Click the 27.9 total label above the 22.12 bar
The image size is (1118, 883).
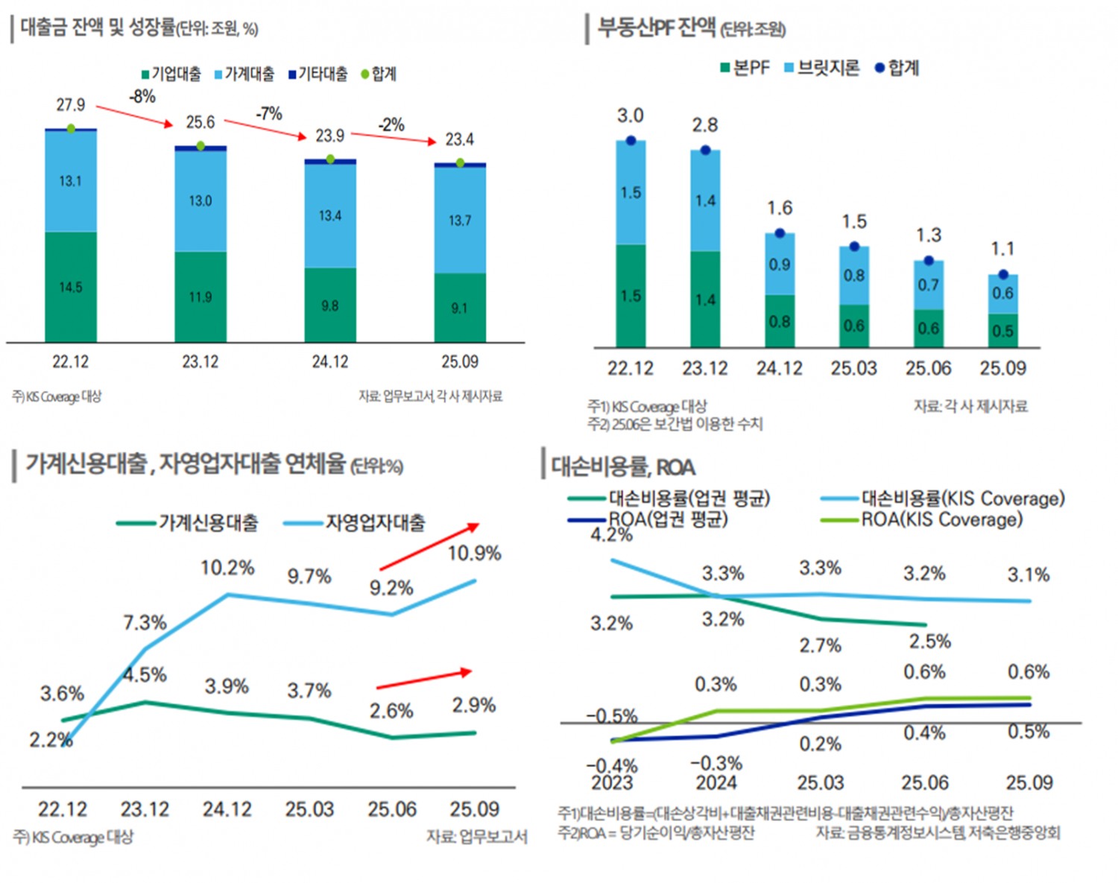point(71,105)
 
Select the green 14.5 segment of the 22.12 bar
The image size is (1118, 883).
point(71,287)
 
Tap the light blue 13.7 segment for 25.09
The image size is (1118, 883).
point(460,221)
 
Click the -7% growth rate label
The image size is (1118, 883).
point(269,114)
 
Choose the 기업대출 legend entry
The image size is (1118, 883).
point(171,74)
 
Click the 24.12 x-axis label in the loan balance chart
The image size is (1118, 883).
point(329,362)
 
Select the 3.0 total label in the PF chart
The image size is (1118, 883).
point(630,115)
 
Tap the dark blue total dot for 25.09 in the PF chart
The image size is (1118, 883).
point(1003,274)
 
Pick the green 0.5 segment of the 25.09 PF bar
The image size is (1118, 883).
point(1003,331)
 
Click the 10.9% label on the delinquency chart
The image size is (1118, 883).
point(474,554)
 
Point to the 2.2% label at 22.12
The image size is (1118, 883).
point(51,740)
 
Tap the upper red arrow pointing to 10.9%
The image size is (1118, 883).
point(429,547)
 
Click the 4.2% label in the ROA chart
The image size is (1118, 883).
point(611,534)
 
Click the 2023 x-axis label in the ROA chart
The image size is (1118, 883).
point(612,783)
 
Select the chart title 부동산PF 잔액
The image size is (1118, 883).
point(656,28)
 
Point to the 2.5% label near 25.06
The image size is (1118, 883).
point(930,642)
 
